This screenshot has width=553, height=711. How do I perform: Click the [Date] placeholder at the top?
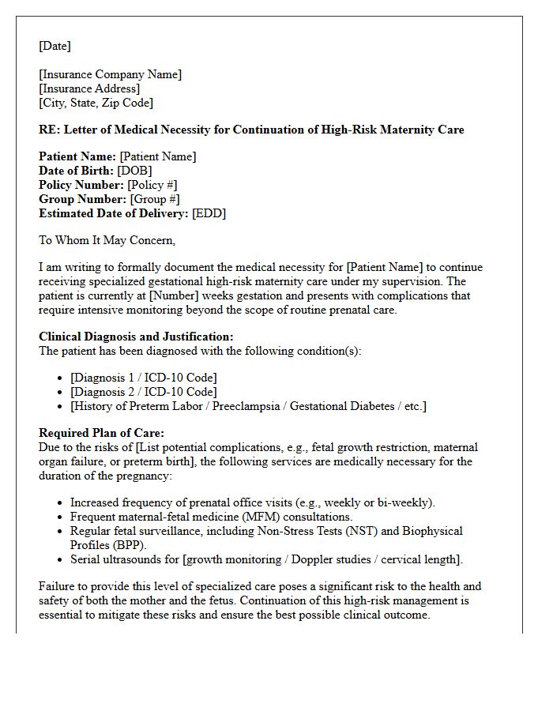(55, 46)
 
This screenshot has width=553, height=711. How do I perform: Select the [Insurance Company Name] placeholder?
(110, 74)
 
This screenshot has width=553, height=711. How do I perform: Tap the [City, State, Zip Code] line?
(96, 103)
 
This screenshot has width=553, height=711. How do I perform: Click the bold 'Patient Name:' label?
(77, 156)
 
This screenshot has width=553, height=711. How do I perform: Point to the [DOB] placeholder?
(134, 171)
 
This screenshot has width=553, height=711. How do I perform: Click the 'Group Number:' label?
(82, 199)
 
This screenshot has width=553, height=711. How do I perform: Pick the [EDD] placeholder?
(209, 213)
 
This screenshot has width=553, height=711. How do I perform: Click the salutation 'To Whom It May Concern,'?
(107, 240)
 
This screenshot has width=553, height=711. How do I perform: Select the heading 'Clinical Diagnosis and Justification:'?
(136, 337)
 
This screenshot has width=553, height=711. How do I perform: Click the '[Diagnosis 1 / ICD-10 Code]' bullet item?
(143, 378)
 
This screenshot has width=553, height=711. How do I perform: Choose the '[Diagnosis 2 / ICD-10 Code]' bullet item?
(143, 392)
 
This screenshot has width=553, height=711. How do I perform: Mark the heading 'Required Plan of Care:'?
(101, 433)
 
